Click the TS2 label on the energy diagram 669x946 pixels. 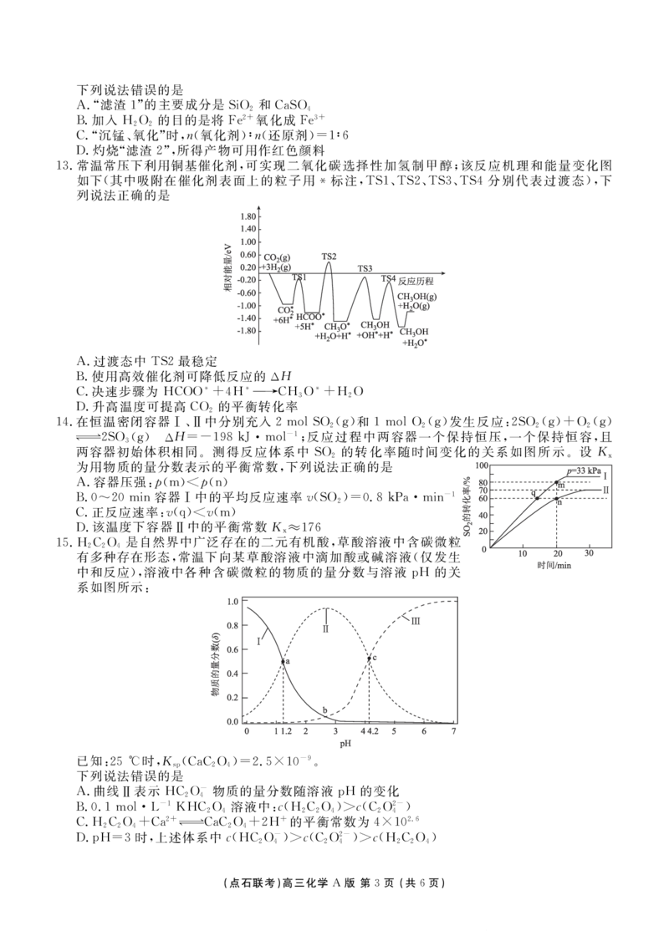pos(329,257)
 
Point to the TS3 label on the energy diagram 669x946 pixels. pos(365,268)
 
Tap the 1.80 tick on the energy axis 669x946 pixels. pos(247,216)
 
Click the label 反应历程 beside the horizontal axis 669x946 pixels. pos(416,281)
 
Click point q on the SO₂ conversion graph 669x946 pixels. pos(537,498)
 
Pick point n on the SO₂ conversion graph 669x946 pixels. pos(557,498)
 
